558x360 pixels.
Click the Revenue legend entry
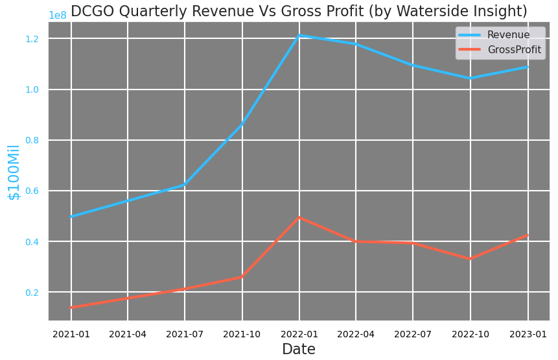(x=508, y=35)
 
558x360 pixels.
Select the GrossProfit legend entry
(x=514, y=50)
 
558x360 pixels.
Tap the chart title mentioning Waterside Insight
(x=299, y=11)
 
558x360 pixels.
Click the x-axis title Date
(x=299, y=350)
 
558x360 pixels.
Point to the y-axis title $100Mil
(x=14, y=172)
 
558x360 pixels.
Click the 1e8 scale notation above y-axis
(x=58, y=16)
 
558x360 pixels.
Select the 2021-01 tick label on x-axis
(x=71, y=334)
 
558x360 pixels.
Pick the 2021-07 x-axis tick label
(x=185, y=334)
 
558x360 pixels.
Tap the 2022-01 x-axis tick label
(x=299, y=334)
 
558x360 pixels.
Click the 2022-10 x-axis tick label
(x=471, y=334)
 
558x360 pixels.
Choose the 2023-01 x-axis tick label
(x=528, y=334)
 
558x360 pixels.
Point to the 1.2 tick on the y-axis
(x=32, y=39)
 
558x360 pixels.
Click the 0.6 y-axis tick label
(x=32, y=191)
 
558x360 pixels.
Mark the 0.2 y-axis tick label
(x=32, y=293)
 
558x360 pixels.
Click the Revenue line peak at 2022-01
(x=299, y=35)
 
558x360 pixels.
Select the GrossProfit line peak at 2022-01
(x=299, y=217)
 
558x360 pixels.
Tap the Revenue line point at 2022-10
(x=471, y=78)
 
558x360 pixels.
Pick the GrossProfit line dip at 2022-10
(x=471, y=259)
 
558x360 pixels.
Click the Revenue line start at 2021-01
(x=71, y=216)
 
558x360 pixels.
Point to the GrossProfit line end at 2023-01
(x=527, y=235)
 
